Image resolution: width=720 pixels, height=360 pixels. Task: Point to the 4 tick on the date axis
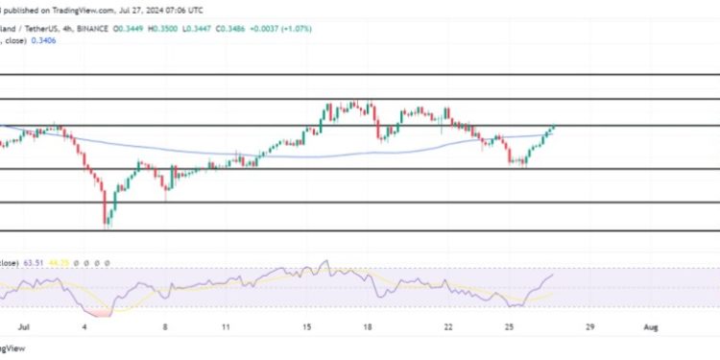pyautogui.click(x=86, y=326)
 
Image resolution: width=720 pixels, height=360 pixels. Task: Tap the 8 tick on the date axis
pyautogui.click(x=165, y=326)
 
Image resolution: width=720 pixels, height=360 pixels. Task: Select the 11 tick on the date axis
pyautogui.click(x=226, y=326)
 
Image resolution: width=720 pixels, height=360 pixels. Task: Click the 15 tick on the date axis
pyautogui.click(x=305, y=326)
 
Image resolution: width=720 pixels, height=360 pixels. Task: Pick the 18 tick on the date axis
pyautogui.click(x=367, y=326)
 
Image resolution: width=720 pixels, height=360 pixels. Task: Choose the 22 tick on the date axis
pyautogui.click(x=448, y=326)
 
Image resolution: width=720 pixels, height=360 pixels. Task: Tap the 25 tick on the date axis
pyautogui.click(x=510, y=326)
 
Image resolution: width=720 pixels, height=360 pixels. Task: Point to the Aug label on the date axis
pyautogui.click(x=651, y=326)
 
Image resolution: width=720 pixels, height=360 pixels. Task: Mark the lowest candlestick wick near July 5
pyautogui.click(x=108, y=226)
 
